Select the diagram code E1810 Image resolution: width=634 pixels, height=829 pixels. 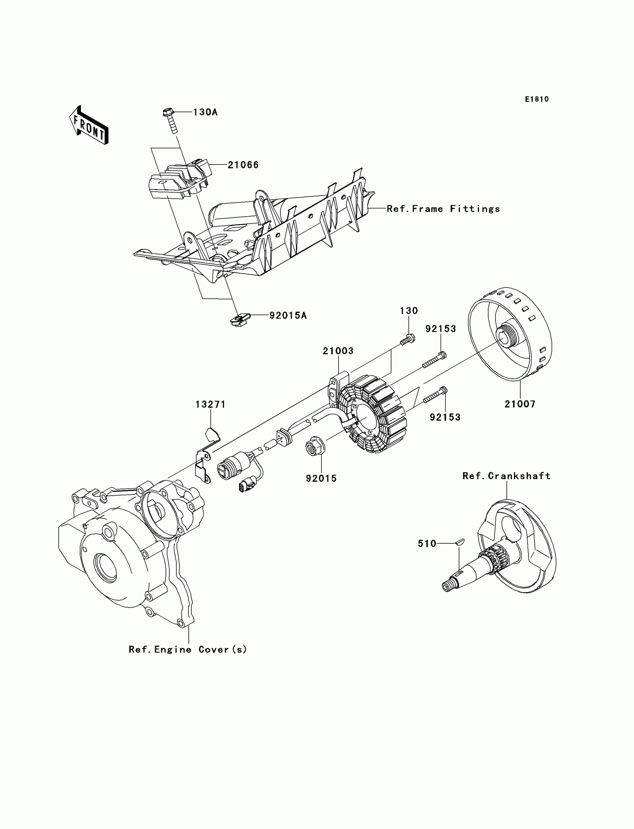(537, 99)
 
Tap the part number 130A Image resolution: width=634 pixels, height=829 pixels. (205, 112)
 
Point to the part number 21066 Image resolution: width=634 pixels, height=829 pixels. (243, 165)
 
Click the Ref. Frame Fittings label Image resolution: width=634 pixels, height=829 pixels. (443, 209)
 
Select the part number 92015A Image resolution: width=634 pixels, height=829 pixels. (288, 315)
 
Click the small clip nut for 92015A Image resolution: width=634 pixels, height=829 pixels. (239, 320)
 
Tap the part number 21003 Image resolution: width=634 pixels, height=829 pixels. (338, 351)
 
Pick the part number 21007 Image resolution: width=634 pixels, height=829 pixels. (520, 404)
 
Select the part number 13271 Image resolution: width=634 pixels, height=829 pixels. (211, 405)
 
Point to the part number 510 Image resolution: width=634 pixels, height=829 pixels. (427, 544)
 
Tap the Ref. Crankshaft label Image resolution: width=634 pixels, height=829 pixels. (506, 476)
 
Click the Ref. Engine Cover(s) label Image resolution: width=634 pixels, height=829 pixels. (188, 649)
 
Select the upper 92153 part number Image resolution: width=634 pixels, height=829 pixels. (441, 329)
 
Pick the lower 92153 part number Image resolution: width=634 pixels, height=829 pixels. (445, 417)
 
